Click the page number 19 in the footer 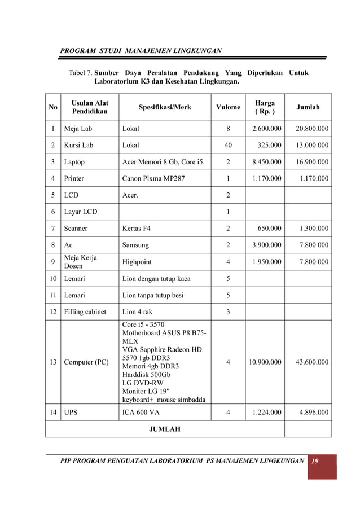pos(315,462)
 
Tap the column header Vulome pos(228,107)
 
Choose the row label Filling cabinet pos(85,312)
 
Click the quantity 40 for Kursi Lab pos(228,145)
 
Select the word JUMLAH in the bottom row pos(164,429)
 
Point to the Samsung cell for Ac pos(135,245)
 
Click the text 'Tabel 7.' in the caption pos(80,73)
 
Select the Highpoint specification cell pos(137,262)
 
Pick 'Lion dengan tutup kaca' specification pos(156,279)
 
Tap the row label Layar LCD pos(80,212)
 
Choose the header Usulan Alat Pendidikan pos(90,107)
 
